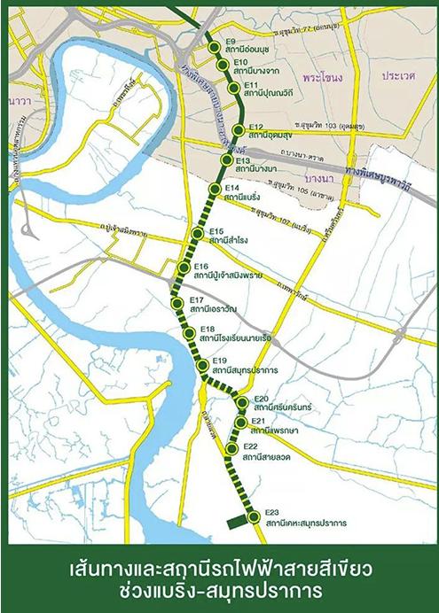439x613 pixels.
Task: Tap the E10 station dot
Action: [x=223, y=67]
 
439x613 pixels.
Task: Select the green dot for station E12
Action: [x=241, y=131]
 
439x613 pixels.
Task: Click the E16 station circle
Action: [x=184, y=268]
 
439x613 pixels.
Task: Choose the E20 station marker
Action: [x=243, y=404]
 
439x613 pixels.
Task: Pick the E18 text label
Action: [x=208, y=330]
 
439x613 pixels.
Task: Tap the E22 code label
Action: [x=249, y=446]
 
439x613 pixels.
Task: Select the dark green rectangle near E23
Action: [x=235, y=523]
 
